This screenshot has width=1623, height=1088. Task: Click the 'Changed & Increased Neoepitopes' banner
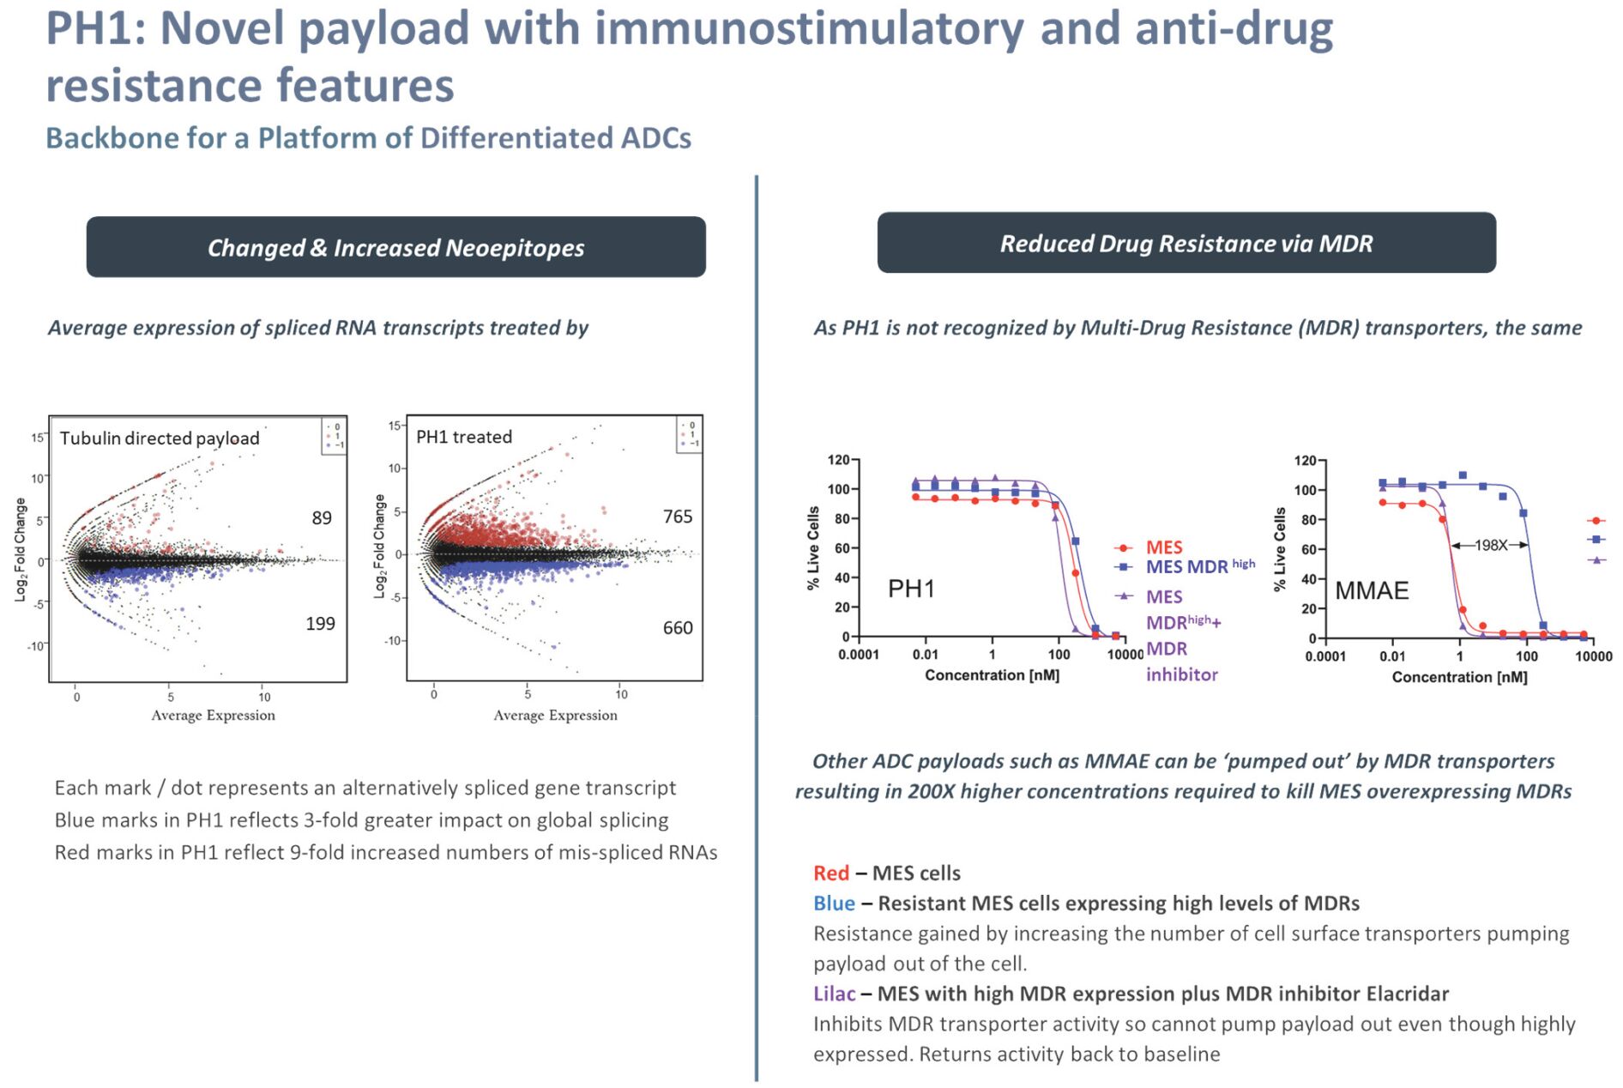pyautogui.click(x=395, y=247)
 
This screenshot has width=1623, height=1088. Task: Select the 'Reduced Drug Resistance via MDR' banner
pyautogui.click(x=1186, y=244)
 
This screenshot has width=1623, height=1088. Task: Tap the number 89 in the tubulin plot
pyautogui.click(x=322, y=518)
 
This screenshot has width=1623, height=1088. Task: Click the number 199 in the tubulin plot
pyautogui.click(x=320, y=624)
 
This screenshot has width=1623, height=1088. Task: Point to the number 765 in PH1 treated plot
pyautogui.click(x=678, y=517)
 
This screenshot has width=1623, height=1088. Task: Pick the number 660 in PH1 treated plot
pyautogui.click(x=678, y=628)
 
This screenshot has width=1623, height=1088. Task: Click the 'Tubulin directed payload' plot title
pyautogui.click(x=160, y=438)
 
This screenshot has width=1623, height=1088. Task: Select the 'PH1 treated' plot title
pyautogui.click(x=464, y=437)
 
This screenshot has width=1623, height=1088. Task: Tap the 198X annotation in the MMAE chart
pyautogui.click(x=1490, y=545)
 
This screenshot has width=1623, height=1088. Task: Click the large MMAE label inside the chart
pyautogui.click(x=1372, y=590)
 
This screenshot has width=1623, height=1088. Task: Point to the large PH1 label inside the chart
pyautogui.click(x=911, y=589)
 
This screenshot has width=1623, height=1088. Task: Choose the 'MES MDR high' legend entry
pyautogui.click(x=1199, y=566)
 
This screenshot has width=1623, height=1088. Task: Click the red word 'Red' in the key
pyautogui.click(x=830, y=873)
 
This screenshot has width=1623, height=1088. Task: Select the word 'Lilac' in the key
pyautogui.click(x=834, y=994)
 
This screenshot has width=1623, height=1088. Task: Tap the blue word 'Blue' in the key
pyautogui.click(x=834, y=904)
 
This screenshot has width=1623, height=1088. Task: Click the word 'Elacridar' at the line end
pyautogui.click(x=1407, y=994)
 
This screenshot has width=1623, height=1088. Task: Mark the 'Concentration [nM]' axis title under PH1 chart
pyautogui.click(x=992, y=675)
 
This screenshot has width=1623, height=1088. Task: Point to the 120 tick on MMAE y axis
pyautogui.click(x=1305, y=462)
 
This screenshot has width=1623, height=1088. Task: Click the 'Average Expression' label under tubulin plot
pyautogui.click(x=213, y=716)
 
